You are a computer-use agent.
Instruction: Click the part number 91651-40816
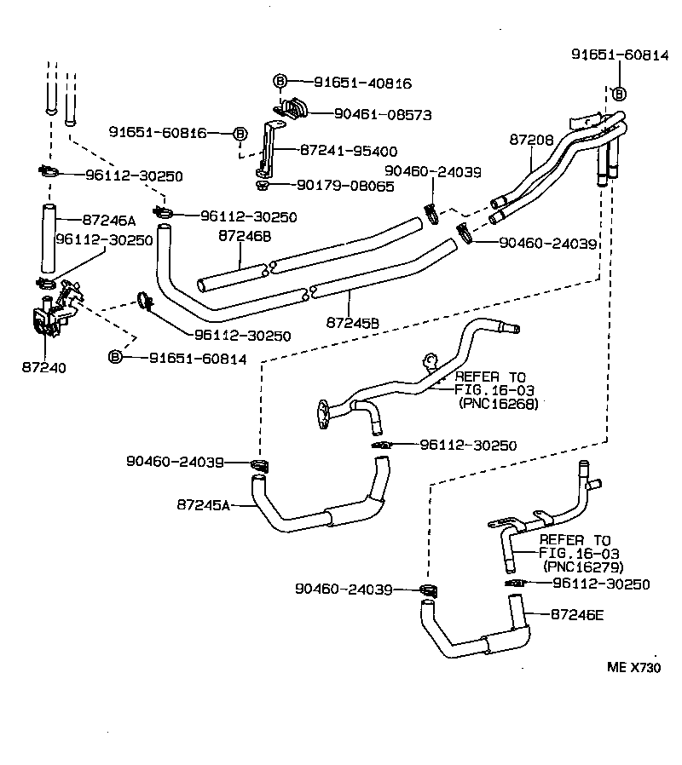pyautogui.click(x=362, y=83)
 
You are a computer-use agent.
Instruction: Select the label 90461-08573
pyautogui.click(x=383, y=113)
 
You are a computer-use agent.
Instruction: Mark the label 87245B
pyautogui.click(x=353, y=323)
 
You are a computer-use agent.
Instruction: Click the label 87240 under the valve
pyautogui.click(x=43, y=367)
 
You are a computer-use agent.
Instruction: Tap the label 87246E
pyautogui.click(x=577, y=613)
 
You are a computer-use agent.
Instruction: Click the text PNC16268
pyautogui.click(x=499, y=405)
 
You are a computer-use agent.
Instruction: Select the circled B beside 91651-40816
pyautogui.click(x=280, y=82)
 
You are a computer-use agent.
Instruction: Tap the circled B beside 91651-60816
pyautogui.click(x=240, y=133)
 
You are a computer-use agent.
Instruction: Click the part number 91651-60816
pyautogui.click(x=158, y=132)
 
